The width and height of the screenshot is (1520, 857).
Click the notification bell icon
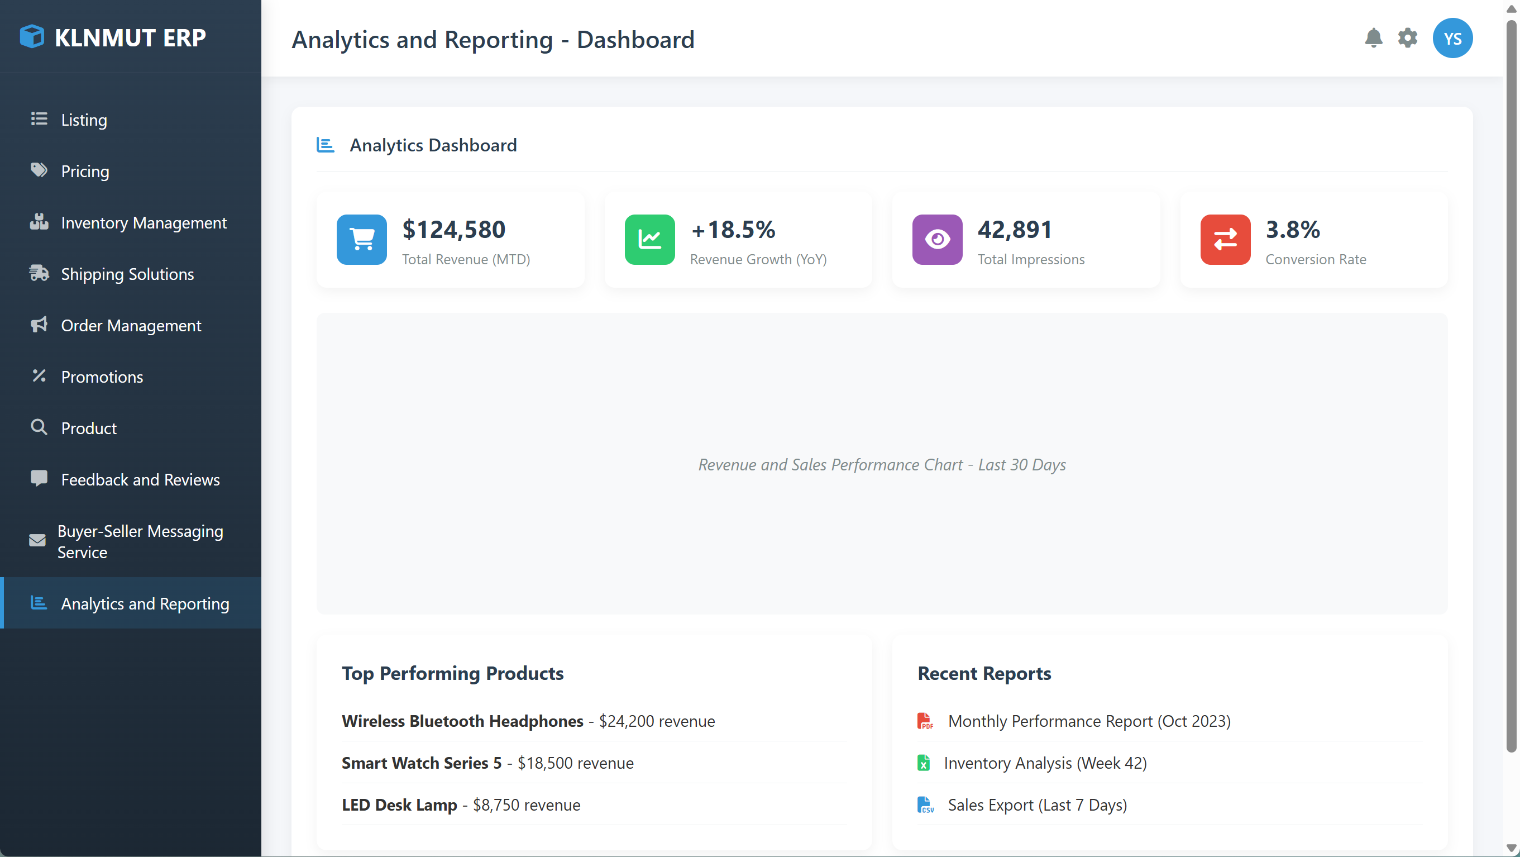point(1373,39)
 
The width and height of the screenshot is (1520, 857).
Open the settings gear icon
point(1407,39)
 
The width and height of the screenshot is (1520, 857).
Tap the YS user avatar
point(1452,39)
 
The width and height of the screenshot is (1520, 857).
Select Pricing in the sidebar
point(85,171)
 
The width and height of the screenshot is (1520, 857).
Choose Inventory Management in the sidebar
point(144,222)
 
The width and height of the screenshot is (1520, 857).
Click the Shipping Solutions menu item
point(127,274)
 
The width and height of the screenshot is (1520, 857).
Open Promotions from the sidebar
point(102,377)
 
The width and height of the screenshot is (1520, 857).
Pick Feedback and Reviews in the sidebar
point(140,479)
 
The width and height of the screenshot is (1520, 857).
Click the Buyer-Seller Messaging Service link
point(140,541)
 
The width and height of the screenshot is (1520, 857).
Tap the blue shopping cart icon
point(362,240)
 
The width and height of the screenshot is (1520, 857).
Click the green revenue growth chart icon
point(649,240)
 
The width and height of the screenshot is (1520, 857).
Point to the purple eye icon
point(937,240)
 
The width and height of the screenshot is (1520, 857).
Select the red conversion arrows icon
point(1225,240)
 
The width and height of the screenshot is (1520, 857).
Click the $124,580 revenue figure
point(454,230)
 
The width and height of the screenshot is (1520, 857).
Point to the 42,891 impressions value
point(1014,230)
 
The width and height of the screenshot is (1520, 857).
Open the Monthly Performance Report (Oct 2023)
point(1089,721)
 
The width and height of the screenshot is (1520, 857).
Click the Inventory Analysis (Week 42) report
point(1045,763)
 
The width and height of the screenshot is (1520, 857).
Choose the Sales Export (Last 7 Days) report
point(1037,805)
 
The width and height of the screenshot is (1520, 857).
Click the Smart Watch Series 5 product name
point(421,763)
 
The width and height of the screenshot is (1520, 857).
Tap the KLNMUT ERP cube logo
point(32,37)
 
